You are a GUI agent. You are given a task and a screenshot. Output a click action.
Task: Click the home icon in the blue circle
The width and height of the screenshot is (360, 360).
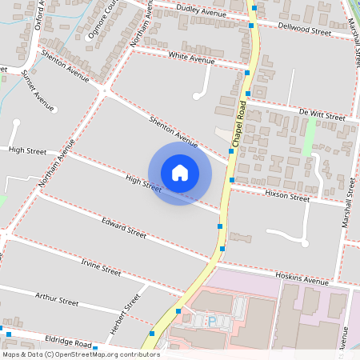[x=180, y=173]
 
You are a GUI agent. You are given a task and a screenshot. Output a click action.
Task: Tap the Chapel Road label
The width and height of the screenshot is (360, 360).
[x=238, y=123]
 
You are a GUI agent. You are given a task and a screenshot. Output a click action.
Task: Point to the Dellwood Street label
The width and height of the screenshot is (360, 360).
[x=304, y=30]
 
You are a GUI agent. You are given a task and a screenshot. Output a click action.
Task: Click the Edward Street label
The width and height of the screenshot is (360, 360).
[x=124, y=228]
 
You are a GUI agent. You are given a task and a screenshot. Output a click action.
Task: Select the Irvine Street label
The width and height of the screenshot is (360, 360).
[x=101, y=266]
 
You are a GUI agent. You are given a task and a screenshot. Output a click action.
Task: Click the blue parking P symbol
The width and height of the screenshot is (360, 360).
[x=212, y=322]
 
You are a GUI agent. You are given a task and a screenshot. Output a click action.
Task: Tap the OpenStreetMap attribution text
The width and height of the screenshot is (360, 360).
[x=79, y=354]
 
